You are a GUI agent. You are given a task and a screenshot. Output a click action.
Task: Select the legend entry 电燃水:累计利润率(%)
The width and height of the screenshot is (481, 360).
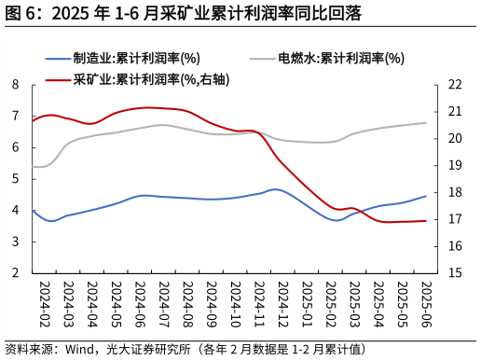[x=340, y=58]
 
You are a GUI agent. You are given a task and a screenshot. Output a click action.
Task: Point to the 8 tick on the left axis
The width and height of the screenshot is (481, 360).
[x=16, y=84]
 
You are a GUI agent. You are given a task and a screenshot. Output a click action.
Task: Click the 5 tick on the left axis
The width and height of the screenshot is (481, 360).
[x=16, y=179]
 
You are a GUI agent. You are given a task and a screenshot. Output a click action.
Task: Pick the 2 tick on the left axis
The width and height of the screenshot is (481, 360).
[x=16, y=273]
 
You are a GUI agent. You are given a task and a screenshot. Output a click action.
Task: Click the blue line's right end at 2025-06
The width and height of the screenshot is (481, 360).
[x=426, y=196]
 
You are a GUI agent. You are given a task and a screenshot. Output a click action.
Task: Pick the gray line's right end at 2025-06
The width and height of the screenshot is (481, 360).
[x=426, y=123]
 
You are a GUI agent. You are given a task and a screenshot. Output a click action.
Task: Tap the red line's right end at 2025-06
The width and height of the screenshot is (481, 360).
[x=426, y=221]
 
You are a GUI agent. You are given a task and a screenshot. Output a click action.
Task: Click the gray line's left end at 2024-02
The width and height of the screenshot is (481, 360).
[x=33, y=167]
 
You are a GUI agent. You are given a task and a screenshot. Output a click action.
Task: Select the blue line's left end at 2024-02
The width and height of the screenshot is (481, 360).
[x=33, y=211]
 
